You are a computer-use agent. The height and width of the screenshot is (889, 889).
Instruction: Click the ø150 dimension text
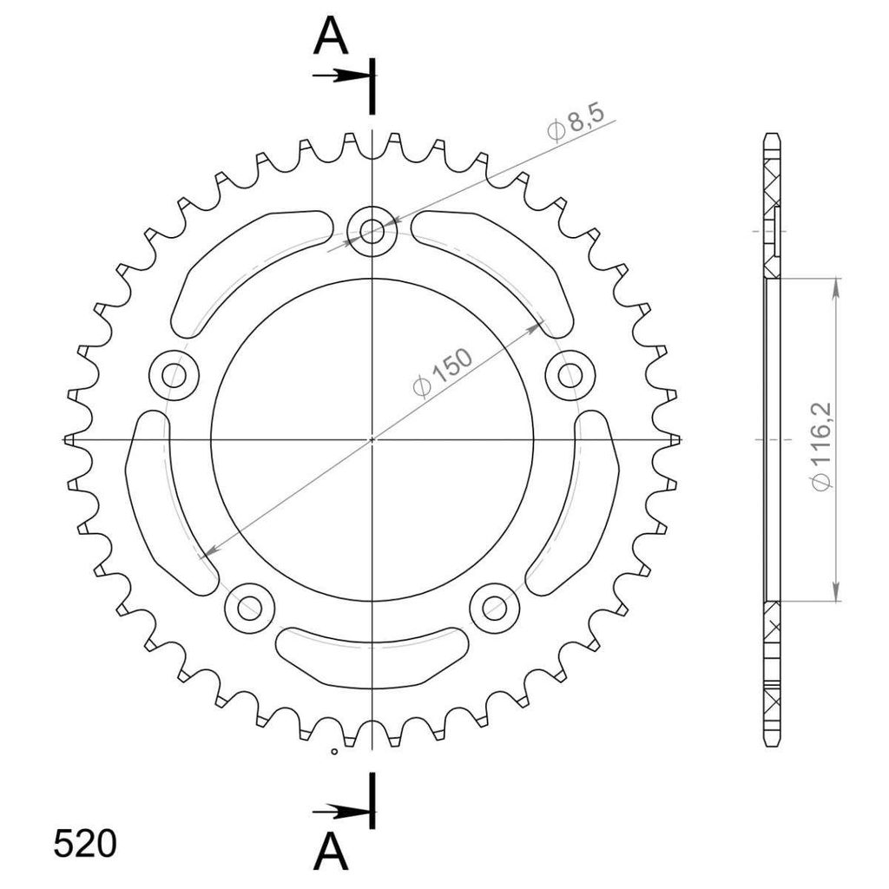[x=443, y=373]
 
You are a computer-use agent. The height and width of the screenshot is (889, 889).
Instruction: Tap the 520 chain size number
[x=85, y=844]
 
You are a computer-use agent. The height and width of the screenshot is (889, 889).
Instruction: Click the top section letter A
[x=331, y=35]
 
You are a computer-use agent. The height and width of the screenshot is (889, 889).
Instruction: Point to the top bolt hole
[x=372, y=231]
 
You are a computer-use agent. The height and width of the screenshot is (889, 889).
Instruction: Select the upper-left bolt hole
[x=174, y=375]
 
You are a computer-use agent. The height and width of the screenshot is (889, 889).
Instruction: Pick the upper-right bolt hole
[x=570, y=375]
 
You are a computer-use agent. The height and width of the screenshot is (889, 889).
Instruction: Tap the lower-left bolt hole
[x=249, y=608]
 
